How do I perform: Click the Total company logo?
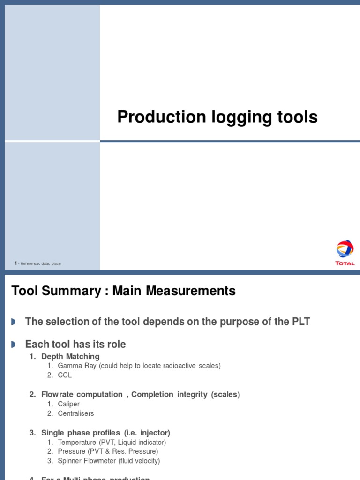[345, 252]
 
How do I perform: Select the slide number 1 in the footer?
[15, 263]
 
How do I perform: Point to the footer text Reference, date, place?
[41, 263]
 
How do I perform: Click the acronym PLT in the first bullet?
[300, 322]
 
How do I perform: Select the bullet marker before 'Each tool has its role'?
[13, 345]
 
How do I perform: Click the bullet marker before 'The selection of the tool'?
[13, 322]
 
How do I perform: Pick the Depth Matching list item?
[70, 356]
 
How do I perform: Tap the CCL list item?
[65, 375]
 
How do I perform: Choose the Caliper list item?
[68, 404]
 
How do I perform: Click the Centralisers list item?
[76, 413]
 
